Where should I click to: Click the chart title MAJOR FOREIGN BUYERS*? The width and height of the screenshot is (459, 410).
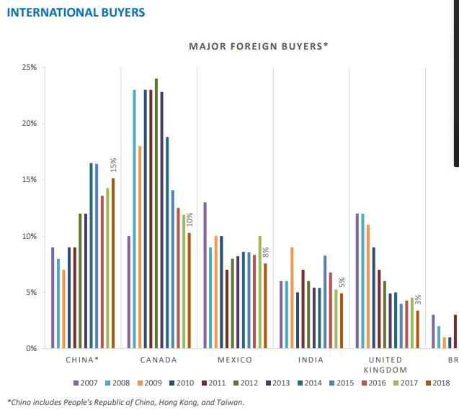click(258, 46)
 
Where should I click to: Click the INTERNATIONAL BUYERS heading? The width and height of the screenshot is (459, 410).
click(75, 12)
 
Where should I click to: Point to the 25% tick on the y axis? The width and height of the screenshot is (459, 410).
click(30, 68)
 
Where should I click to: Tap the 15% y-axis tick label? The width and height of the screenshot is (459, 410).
click(30, 180)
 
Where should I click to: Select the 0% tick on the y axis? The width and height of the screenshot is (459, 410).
click(32, 348)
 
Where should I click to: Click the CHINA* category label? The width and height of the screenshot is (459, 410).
click(82, 360)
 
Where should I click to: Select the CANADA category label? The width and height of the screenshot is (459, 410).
click(159, 360)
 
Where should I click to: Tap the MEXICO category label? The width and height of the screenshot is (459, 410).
click(235, 360)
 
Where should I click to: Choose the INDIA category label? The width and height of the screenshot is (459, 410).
click(311, 360)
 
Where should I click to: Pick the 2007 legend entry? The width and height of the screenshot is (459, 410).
click(87, 383)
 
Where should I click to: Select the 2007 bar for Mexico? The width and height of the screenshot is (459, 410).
click(205, 275)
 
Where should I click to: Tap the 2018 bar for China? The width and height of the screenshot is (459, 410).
click(113, 263)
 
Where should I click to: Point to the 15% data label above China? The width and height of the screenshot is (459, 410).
click(113, 165)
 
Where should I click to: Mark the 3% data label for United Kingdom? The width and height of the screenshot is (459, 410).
click(418, 299)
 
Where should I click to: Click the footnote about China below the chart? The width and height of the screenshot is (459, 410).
click(126, 402)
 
